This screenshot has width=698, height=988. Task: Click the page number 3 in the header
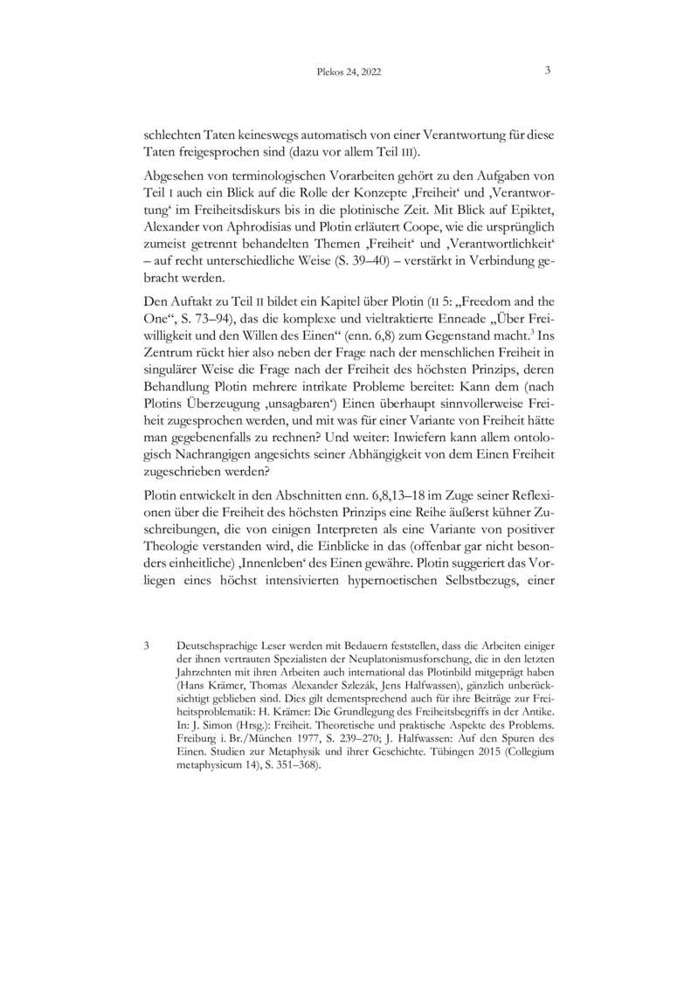pyautogui.click(x=547, y=73)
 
